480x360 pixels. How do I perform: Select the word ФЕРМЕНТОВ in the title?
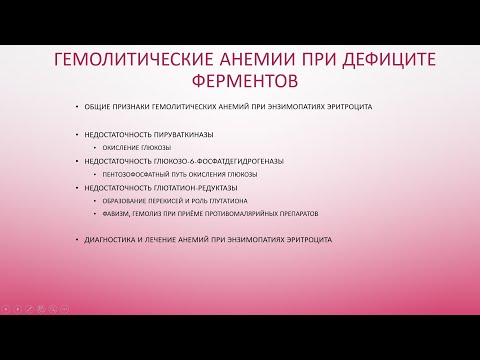point(240,79)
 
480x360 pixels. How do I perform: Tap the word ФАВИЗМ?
point(109,213)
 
